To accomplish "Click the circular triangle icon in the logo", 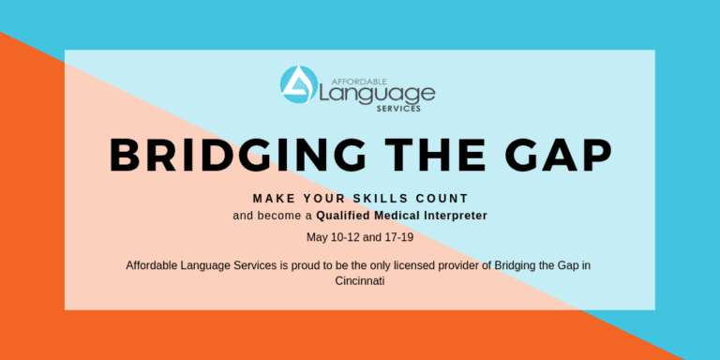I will (x=298, y=85).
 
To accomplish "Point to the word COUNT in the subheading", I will (x=442, y=199).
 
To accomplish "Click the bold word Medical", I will (x=401, y=216).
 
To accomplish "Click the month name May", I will (x=316, y=237).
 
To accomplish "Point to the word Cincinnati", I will (x=359, y=280).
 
